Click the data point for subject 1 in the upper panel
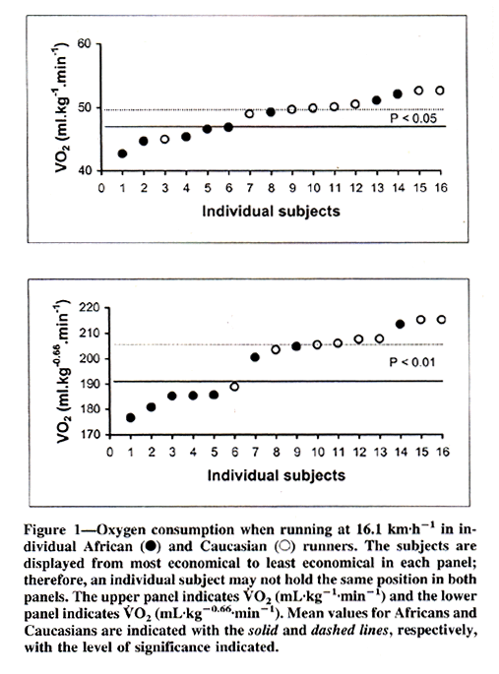pyautogui.click(x=122, y=153)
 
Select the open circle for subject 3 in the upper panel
pyautogui.click(x=164, y=140)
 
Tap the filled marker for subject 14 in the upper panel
pyautogui.click(x=398, y=93)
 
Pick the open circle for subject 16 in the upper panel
pyautogui.click(x=440, y=91)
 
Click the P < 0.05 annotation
pyautogui.click(x=413, y=119)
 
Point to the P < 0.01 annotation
pyautogui.click(x=412, y=362)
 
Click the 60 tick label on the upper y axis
pyautogui.click(x=85, y=43)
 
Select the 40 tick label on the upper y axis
pyautogui.click(x=85, y=170)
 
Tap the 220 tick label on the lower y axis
pyautogui.click(x=90, y=308)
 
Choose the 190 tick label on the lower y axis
pyautogui.click(x=90, y=384)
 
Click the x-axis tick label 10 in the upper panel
pyautogui.click(x=313, y=188)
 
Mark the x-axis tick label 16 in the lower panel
pyautogui.click(x=442, y=452)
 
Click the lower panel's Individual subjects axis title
pyautogui.click(x=277, y=475)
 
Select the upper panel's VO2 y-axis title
pyautogui.click(x=62, y=107)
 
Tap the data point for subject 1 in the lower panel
pyautogui.click(x=131, y=418)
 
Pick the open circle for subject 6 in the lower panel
pyautogui.click(x=234, y=387)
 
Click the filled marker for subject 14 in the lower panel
pyautogui.click(x=400, y=324)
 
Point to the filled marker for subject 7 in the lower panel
pyautogui.click(x=255, y=357)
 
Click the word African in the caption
pyautogui.click(x=108, y=546)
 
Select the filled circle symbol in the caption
pyautogui.click(x=151, y=546)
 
